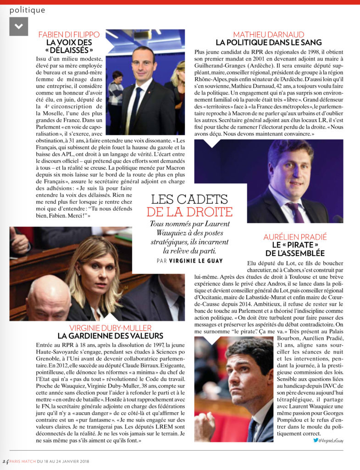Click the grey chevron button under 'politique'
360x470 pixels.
(x=18, y=26)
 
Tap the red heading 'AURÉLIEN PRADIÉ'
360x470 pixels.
(x=295, y=237)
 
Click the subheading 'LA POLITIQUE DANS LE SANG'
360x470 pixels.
(x=268, y=43)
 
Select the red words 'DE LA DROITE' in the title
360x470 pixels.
(x=189, y=212)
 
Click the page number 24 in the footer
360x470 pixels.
(x=5, y=461)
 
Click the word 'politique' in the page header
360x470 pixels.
(x=28, y=10)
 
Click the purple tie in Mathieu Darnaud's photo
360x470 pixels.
(x=294, y=212)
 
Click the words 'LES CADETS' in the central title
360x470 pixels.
(x=189, y=199)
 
